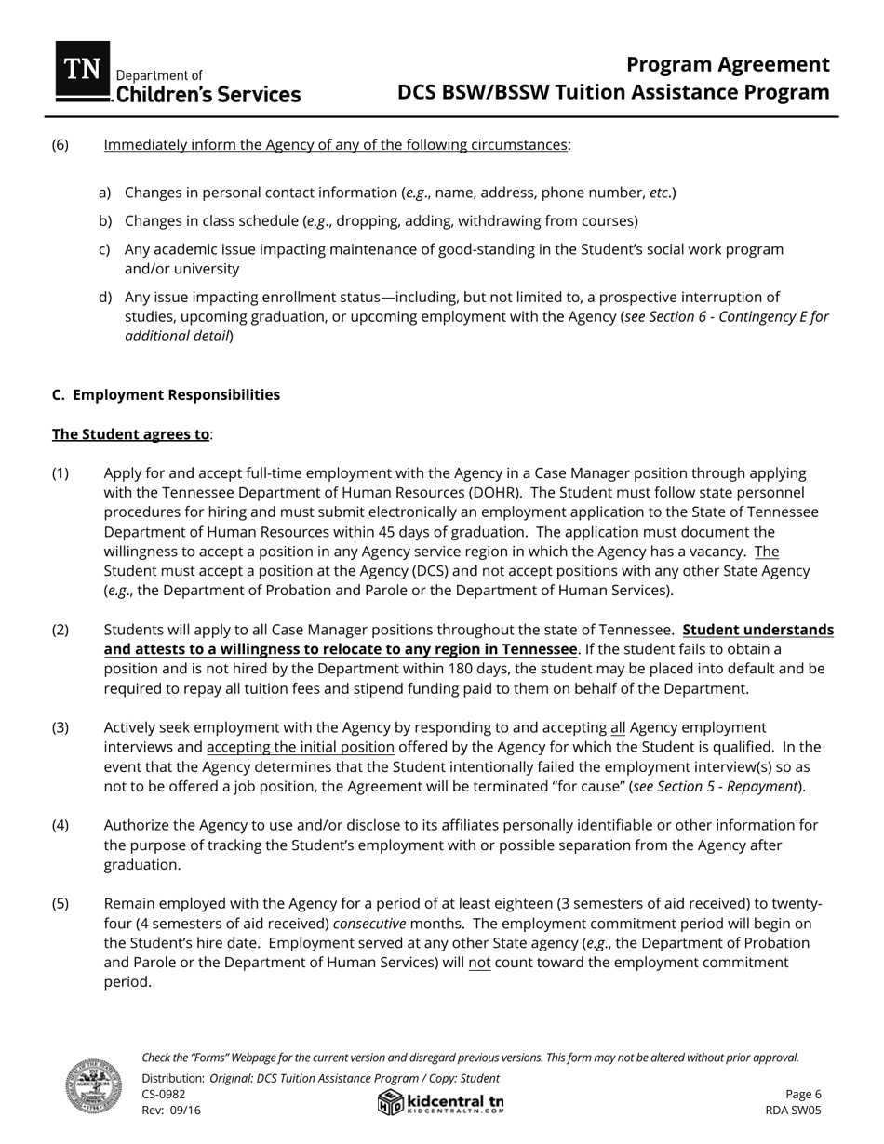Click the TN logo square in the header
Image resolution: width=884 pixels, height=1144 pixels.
83,71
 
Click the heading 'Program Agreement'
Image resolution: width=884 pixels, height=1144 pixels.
728,64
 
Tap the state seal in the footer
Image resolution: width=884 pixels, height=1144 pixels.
93,1085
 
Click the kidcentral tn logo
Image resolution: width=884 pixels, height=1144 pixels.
441,1103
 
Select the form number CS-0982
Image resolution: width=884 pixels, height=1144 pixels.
163,1094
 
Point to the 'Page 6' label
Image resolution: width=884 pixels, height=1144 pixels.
803,1094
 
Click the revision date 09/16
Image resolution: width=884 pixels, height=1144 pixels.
185,1110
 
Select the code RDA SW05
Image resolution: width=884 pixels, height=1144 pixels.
793,1110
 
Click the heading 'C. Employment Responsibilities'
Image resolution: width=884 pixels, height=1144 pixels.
166,394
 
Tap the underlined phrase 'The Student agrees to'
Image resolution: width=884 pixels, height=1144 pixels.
130,434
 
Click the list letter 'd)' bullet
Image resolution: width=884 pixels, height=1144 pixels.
105,297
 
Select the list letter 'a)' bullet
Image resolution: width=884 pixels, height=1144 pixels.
105,193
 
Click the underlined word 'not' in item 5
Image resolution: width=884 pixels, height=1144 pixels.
479,962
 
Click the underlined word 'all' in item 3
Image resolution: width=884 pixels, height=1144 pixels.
618,727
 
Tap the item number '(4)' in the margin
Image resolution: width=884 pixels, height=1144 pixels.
60,825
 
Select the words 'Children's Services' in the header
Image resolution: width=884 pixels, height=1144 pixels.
207,94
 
